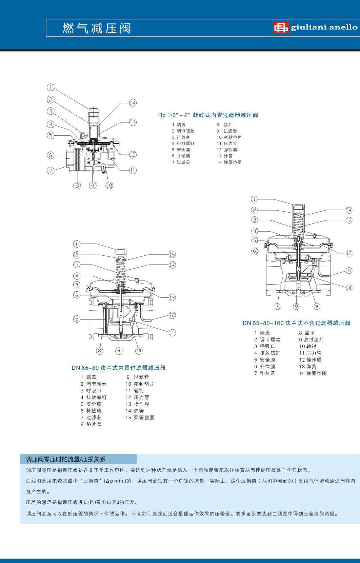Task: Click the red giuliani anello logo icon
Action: pos(281,27)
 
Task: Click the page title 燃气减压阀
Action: pos(97,28)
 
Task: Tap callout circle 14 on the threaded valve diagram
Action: pos(133,103)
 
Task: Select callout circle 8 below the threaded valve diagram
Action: pos(77,186)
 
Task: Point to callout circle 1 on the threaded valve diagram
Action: pos(51,88)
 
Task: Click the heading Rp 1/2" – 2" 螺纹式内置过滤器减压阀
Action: pos(208,115)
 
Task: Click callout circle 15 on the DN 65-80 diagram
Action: pos(172,255)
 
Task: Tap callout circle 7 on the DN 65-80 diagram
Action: pos(77,319)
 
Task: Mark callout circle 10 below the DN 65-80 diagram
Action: pos(139,351)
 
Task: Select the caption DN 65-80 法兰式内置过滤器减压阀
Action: pos(118,368)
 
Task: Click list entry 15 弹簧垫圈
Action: pos(140,418)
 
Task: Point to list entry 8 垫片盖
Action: pos(91,424)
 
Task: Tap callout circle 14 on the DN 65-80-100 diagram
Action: pos(349,210)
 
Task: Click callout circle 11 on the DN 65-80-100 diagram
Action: pos(349,270)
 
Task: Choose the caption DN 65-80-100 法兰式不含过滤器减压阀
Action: pos(296,323)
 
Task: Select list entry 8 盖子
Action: pos(307,333)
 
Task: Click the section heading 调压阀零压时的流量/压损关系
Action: pos(66,459)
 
